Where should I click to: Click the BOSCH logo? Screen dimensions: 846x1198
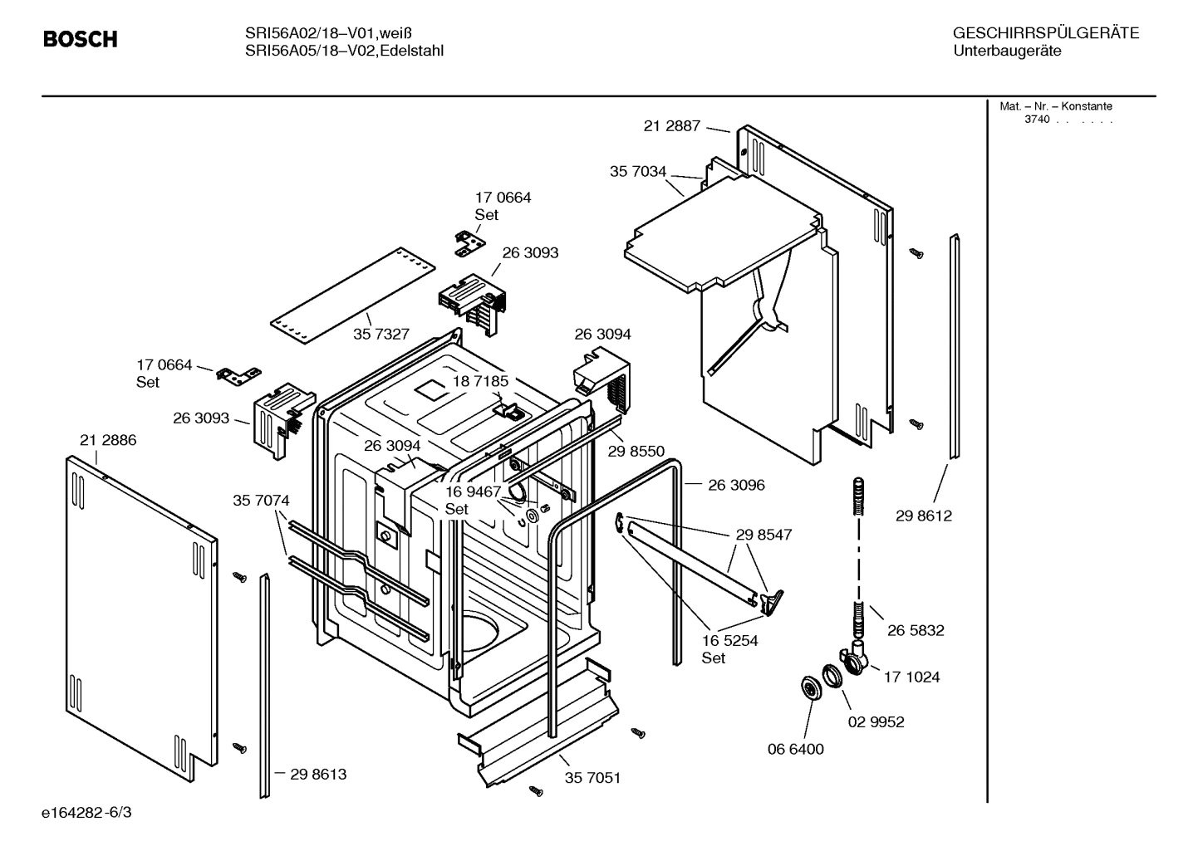[x=80, y=39]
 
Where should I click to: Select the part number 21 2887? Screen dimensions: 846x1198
[x=671, y=126]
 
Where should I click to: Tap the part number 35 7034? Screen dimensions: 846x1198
[x=638, y=172]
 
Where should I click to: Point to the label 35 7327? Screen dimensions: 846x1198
[x=381, y=334]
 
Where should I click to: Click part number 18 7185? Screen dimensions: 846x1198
[x=480, y=381]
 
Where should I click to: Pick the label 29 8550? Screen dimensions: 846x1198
[x=636, y=451]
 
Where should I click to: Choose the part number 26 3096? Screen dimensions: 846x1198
[x=736, y=485]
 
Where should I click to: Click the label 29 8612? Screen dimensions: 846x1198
[x=923, y=516]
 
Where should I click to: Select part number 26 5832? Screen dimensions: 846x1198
[x=916, y=630]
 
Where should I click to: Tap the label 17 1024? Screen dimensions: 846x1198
[x=911, y=677]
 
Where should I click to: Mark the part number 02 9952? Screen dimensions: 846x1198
[x=876, y=721]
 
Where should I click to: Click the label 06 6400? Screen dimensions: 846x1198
[x=795, y=749]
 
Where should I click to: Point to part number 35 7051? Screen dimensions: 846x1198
[x=592, y=778]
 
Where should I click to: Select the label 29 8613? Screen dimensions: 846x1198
[x=318, y=774]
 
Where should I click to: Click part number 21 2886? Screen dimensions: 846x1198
[x=108, y=440]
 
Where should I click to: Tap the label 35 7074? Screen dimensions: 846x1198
[x=261, y=501]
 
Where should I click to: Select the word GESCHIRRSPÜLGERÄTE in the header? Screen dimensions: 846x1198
[x=1045, y=33]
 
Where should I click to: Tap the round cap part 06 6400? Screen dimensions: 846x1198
[x=808, y=688]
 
